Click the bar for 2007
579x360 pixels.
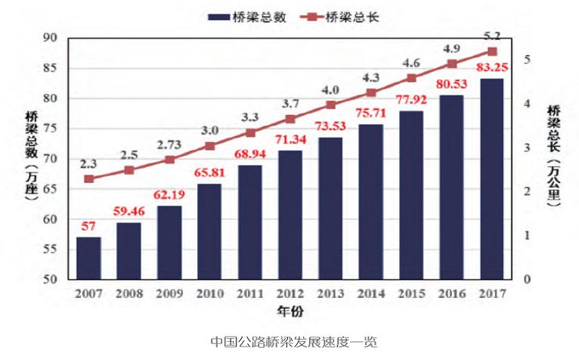tap(88, 258)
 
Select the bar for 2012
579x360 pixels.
tap(290, 215)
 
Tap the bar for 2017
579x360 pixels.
tap(491, 178)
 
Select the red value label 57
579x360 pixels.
tap(88, 226)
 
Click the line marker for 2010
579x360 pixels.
tap(209, 146)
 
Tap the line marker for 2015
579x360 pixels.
tap(411, 78)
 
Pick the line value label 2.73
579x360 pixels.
tap(169, 144)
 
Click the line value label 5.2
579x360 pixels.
tap(491, 35)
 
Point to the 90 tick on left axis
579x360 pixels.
tap(51, 38)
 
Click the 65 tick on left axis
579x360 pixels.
tap(51, 189)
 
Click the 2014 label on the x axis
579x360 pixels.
tap(370, 293)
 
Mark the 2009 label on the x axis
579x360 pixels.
tap(169, 293)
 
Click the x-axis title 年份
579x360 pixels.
tap(289, 310)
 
